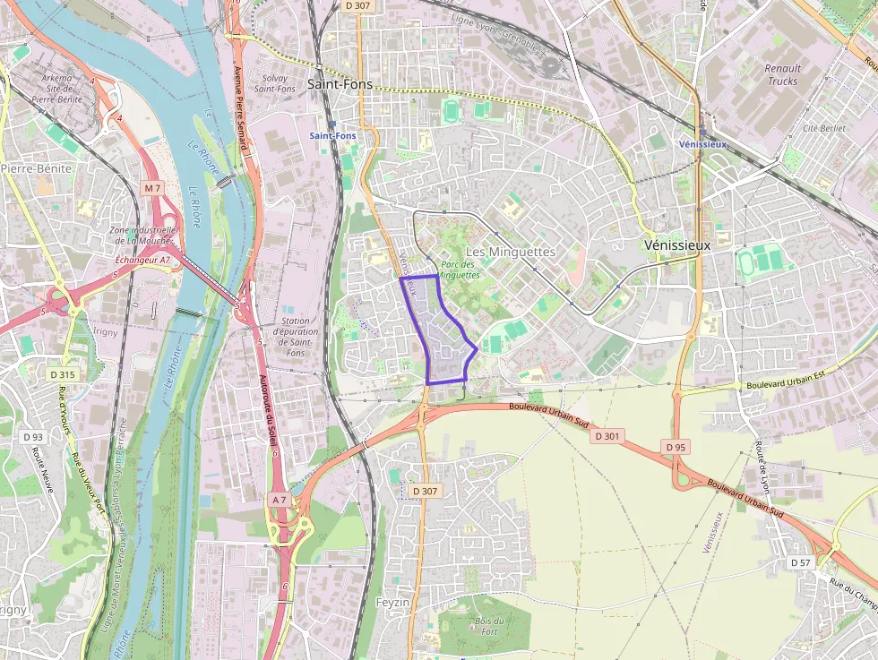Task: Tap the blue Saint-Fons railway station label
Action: click(x=332, y=136)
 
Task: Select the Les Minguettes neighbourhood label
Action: click(x=511, y=252)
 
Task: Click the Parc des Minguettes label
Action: click(x=460, y=270)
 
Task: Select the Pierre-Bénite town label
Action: click(x=36, y=167)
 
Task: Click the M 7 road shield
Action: click(x=152, y=188)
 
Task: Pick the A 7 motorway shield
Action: click(x=279, y=499)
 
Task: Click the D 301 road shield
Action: click(x=607, y=435)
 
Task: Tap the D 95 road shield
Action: click(x=676, y=446)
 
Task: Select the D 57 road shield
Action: click(x=801, y=561)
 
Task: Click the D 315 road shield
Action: click(x=63, y=373)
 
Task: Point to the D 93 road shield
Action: click(x=32, y=436)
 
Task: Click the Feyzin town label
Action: click(x=392, y=602)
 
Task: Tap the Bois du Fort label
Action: click(x=489, y=626)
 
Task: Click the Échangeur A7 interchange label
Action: click(x=142, y=260)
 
